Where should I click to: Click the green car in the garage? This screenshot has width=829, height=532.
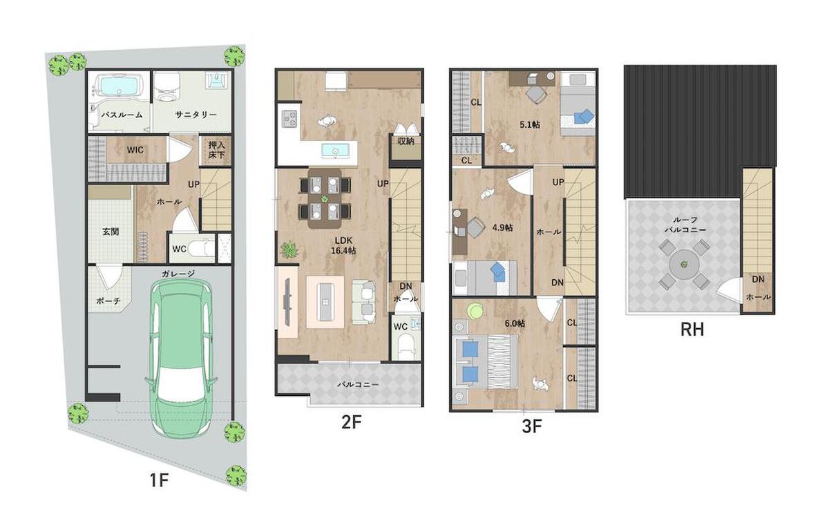[x=181, y=358]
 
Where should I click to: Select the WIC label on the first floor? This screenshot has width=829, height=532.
[x=135, y=150]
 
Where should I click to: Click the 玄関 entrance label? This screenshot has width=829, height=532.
[x=111, y=231]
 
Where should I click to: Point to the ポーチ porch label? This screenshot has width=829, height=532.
[x=108, y=301]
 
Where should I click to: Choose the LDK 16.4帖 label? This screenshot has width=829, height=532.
[x=343, y=245]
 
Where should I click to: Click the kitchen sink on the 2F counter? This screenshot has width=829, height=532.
[x=335, y=151]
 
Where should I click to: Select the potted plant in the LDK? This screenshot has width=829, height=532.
[x=289, y=250]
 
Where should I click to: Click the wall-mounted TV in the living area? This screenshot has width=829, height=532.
[x=287, y=302]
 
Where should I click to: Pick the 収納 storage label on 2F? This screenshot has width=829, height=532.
[x=406, y=141]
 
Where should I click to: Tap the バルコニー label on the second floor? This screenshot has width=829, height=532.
[x=358, y=385]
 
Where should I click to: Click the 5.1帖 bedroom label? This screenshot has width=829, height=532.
[x=530, y=125]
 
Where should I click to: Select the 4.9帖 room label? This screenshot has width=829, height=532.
[x=502, y=228]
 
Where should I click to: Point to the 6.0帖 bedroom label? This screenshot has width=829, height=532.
[x=515, y=323]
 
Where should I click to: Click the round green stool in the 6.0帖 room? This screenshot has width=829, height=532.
[x=475, y=311]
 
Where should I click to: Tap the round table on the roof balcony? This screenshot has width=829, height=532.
[x=684, y=265]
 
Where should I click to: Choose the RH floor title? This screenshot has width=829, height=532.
[x=692, y=330]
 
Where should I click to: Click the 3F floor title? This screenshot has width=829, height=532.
[x=532, y=427]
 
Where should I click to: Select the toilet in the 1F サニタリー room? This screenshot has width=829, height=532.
[x=165, y=89]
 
